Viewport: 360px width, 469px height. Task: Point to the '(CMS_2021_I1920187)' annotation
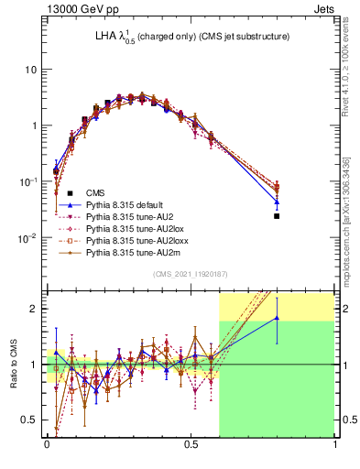click(191, 274)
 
